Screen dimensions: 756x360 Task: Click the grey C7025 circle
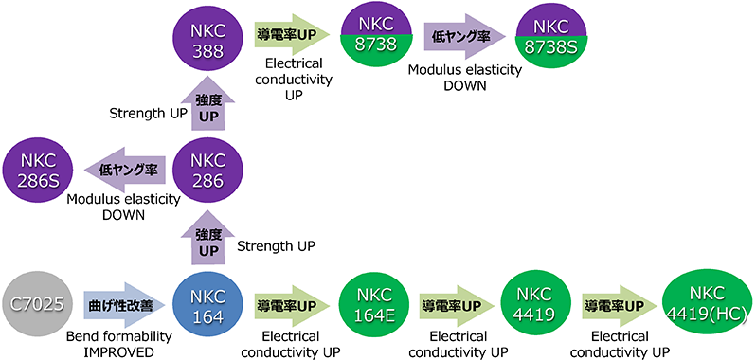click(x=38, y=306)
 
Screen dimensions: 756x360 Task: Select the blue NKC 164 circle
click(x=208, y=306)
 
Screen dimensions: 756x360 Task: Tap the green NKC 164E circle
click(x=375, y=306)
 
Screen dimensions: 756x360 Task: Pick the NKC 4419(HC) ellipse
click(x=708, y=306)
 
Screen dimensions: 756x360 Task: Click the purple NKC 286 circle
click(x=208, y=170)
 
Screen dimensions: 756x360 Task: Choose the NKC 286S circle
click(x=38, y=170)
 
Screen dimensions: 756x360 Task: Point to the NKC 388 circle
click(x=208, y=37)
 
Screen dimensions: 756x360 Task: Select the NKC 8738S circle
click(x=551, y=37)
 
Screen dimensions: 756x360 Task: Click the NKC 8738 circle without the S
click(x=375, y=37)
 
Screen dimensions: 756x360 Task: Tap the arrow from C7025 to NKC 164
click(x=124, y=306)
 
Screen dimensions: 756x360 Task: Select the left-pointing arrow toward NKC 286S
click(x=125, y=170)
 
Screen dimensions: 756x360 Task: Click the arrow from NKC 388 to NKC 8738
click(x=291, y=34)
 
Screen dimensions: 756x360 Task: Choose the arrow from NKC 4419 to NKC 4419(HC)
click(x=619, y=306)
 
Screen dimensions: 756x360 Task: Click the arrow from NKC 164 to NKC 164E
click(x=291, y=306)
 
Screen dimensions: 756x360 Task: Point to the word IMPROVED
click(x=119, y=352)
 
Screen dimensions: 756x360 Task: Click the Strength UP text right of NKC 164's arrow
click(x=277, y=246)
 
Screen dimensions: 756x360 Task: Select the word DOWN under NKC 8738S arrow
click(x=465, y=86)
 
